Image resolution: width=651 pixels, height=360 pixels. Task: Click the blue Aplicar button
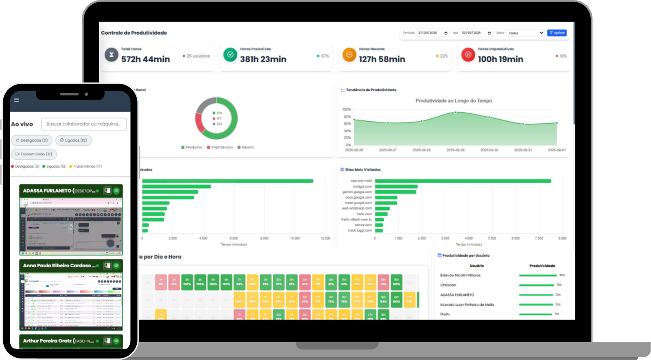tap(557, 33)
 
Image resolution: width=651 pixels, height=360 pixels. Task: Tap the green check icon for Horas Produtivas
tap(230, 55)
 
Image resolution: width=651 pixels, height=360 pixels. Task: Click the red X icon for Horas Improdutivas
tap(468, 55)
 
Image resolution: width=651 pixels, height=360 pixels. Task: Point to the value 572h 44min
tap(145, 59)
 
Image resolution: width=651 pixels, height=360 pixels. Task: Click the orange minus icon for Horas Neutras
tap(349, 55)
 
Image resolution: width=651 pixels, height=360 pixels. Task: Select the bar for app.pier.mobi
tap(463, 181)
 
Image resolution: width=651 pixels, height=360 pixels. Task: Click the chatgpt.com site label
tap(362, 187)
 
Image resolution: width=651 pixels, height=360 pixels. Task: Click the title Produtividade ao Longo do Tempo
tap(454, 101)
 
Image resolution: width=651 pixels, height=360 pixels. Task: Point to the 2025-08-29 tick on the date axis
tap(455, 150)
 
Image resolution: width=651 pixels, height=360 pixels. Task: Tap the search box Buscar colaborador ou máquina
tap(84, 124)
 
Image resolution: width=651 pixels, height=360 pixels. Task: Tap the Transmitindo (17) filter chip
tap(34, 154)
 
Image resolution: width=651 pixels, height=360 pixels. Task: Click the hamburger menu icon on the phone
tap(16, 100)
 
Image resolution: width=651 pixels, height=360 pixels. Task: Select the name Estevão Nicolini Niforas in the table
tap(460, 275)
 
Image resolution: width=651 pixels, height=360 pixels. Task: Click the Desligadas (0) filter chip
tap(32, 140)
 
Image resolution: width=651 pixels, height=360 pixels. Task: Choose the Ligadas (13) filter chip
tap(74, 140)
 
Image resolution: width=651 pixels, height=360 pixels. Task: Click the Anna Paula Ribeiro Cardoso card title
tap(59, 266)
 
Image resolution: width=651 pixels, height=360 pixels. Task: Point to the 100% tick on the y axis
tap(346, 110)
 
